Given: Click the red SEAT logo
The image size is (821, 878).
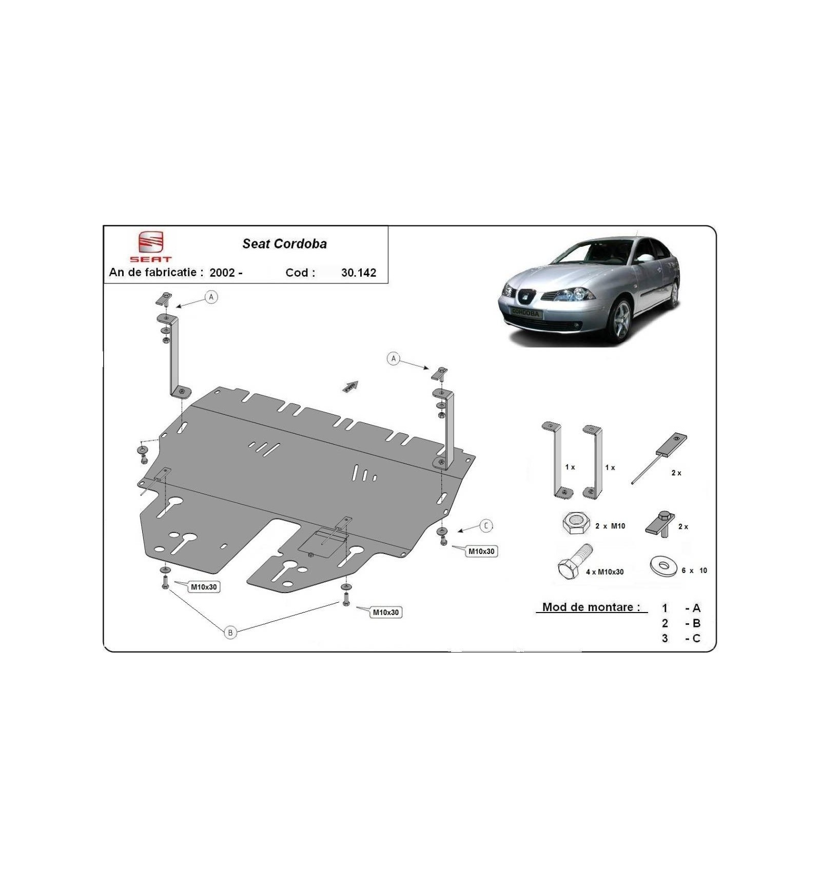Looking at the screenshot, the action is point(150,246).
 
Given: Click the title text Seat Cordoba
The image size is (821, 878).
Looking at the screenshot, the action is point(284,244).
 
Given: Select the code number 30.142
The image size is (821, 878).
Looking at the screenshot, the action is point(359,273).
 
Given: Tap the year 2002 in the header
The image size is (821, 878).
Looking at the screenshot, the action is point(222,273).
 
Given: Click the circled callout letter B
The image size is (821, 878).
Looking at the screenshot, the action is point(230,632).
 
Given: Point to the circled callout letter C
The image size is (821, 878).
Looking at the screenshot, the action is point(486,526).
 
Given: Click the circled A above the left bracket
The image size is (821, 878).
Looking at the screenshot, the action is point(211,297).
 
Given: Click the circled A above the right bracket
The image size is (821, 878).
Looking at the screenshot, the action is point(394,358).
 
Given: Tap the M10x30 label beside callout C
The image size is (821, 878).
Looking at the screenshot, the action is point(481,551).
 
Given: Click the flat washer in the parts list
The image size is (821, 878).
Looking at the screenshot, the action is point(663,566).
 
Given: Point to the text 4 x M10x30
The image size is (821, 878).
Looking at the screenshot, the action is point(604,572).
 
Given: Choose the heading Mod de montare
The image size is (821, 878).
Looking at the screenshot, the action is point(591,607).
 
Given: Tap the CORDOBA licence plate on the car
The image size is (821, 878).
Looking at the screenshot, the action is point(525,312).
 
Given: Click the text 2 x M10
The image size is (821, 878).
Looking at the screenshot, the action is point(610,526).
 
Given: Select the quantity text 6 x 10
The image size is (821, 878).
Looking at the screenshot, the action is point(694,570).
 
